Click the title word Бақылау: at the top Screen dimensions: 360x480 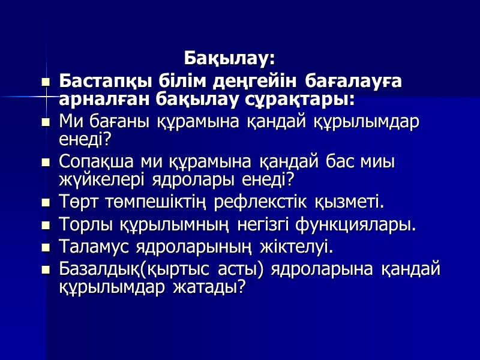tap(229, 59)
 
